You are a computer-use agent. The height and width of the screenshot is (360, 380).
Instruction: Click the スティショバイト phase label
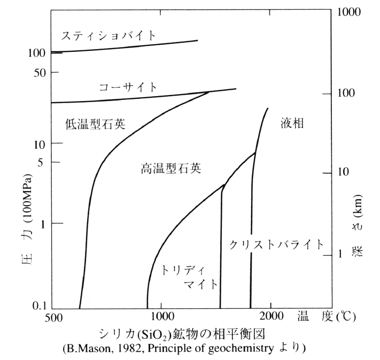[x=109, y=36]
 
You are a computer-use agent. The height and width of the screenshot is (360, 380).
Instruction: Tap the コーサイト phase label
[x=128, y=87]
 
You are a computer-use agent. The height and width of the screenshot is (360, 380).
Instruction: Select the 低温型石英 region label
[x=96, y=124]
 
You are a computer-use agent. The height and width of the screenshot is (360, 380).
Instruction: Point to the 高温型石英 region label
[x=171, y=169]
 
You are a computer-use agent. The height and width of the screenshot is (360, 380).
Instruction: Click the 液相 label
[x=292, y=123]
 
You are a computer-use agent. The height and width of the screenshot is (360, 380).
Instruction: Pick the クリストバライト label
[x=276, y=245]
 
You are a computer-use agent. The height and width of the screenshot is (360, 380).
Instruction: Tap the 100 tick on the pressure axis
[x=35, y=53]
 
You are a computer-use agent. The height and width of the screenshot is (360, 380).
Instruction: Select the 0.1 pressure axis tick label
[x=37, y=306]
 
